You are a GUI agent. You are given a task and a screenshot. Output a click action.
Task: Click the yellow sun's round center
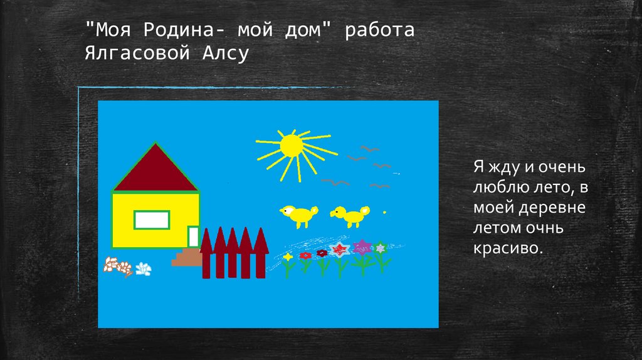click(292, 146)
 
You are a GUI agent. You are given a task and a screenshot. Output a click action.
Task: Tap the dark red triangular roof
click(155, 171)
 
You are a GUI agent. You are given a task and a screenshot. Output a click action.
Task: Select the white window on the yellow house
click(152, 220)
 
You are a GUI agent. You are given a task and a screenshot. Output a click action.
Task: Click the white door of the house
click(193, 237)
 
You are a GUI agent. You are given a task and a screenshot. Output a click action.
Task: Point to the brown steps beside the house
click(186, 258)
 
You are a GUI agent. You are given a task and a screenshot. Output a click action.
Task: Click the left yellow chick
click(297, 214)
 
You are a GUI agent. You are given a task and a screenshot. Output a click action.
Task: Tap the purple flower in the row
click(362, 246)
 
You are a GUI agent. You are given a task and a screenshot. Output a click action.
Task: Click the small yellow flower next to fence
click(288, 257)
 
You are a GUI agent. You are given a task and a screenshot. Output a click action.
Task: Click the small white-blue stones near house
click(144, 268)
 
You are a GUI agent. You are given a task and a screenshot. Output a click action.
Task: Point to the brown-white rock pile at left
click(118, 265)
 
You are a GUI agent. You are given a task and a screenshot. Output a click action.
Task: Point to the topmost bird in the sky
click(369, 149)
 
